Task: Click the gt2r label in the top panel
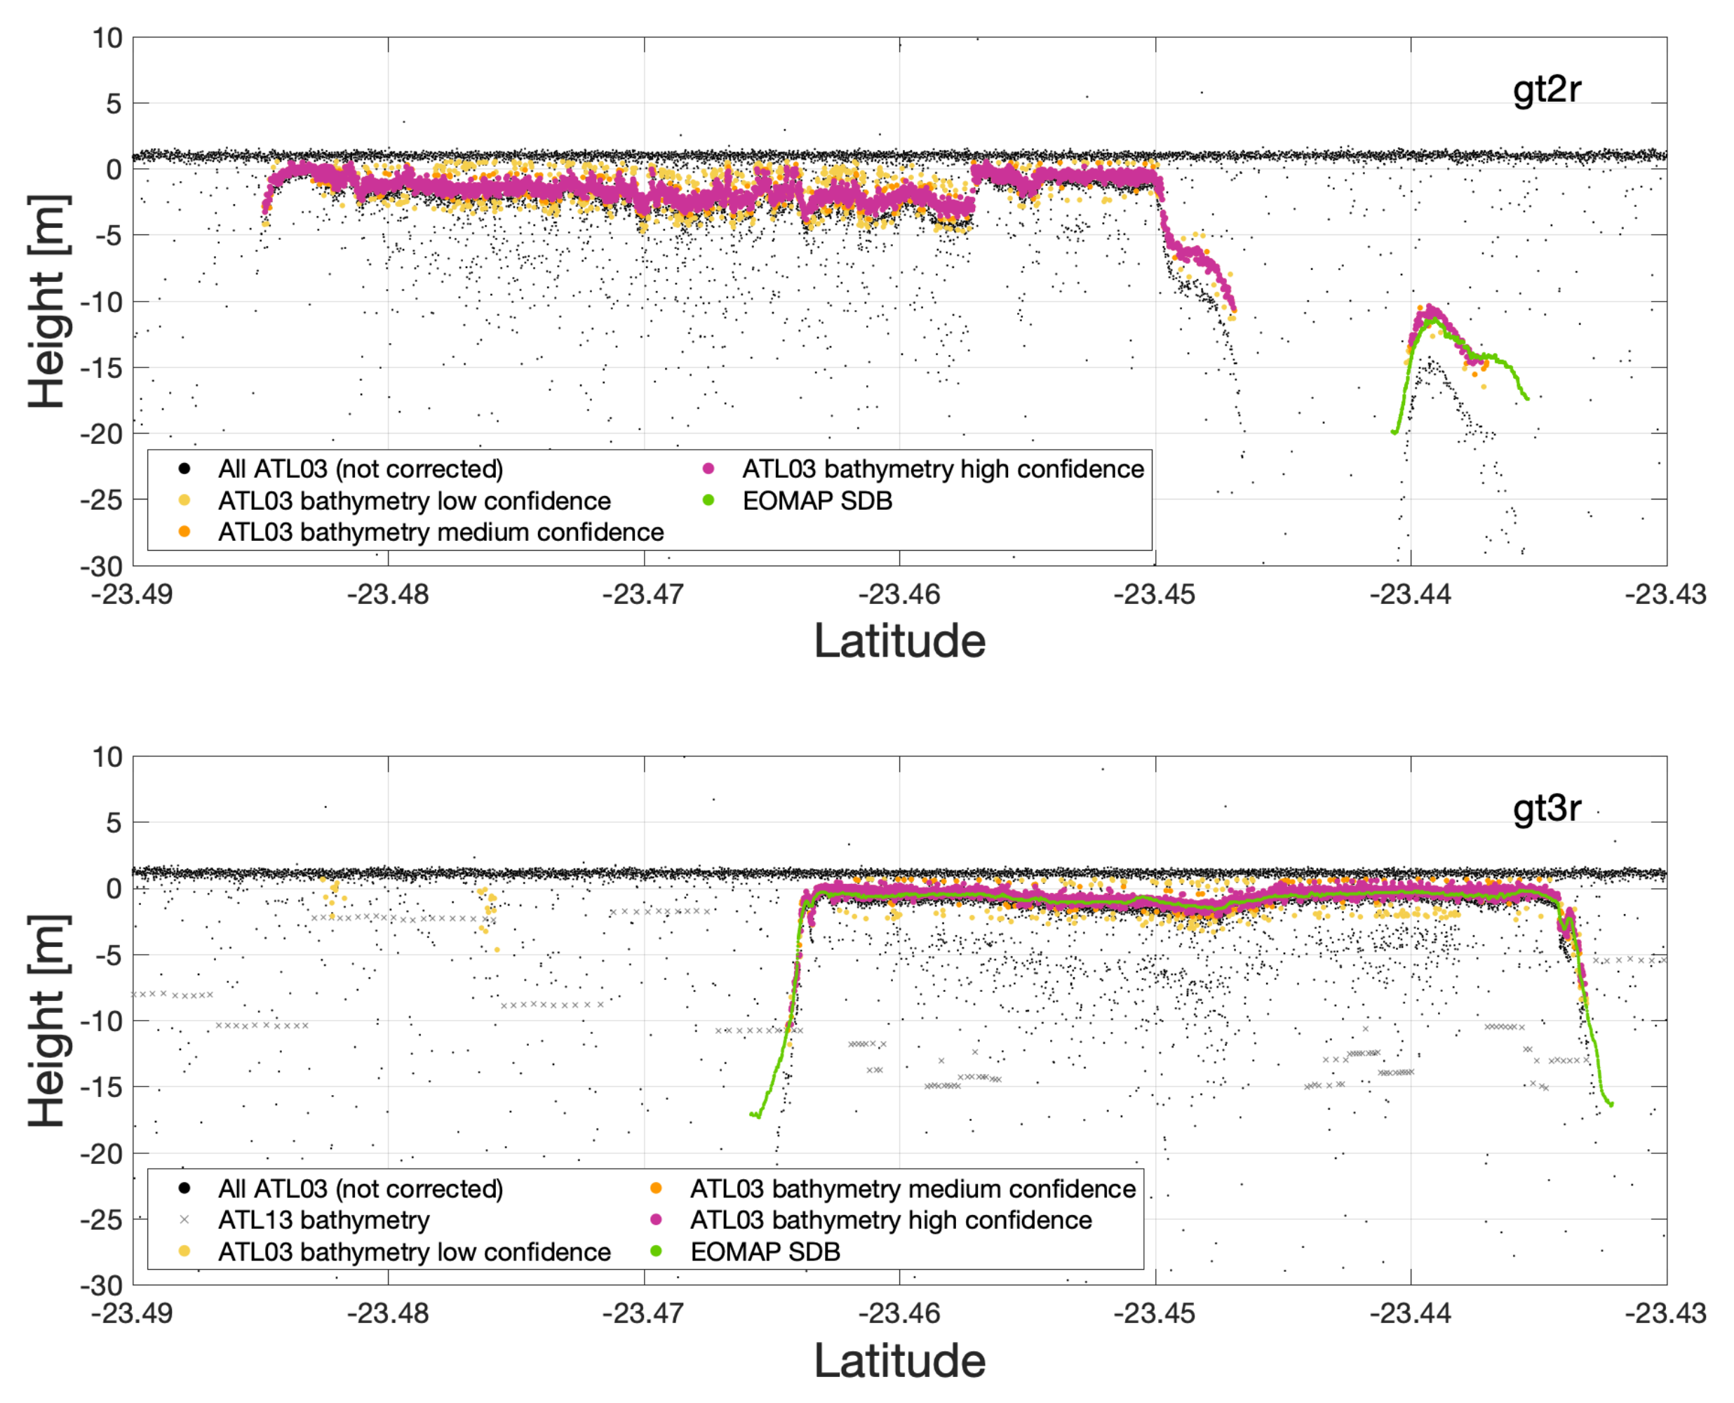tap(1546, 89)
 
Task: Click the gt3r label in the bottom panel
tap(1546, 807)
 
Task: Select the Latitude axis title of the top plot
tap(899, 642)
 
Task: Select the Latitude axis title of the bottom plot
tap(899, 1361)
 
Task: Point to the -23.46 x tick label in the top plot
tap(899, 595)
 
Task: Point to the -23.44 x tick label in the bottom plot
tap(1410, 1313)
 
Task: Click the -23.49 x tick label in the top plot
tap(132, 595)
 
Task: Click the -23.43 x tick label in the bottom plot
tap(1665, 1313)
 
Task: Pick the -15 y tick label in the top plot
tap(101, 368)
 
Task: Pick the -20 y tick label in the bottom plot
tap(101, 1154)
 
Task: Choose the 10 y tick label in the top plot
tap(107, 38)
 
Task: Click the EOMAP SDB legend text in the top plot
tap(817, 501)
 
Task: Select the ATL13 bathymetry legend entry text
tap(323, 1221)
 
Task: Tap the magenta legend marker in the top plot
tap(708, 469)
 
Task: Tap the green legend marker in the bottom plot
tap(656, 1252)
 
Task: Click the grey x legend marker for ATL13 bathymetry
tap(184, 1221)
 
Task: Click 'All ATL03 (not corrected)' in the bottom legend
tap(361, 1189)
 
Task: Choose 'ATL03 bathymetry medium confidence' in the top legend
tap(441, 532)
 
